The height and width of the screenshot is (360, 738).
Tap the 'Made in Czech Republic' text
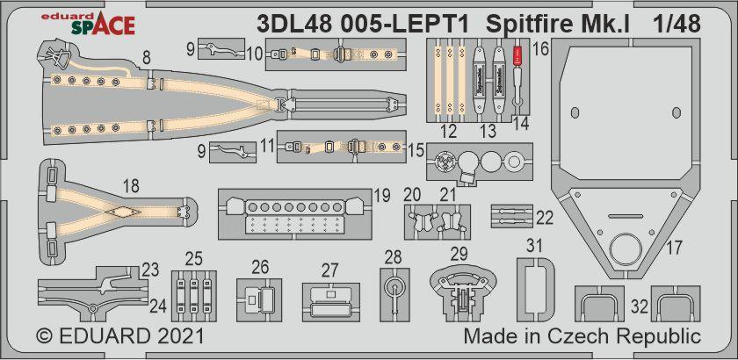click(x=582, y=336)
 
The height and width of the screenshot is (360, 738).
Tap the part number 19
click(x=380, y=195)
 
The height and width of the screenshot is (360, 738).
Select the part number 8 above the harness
click(x=146, y=58)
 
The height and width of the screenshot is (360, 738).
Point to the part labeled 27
click(x=329, y=299)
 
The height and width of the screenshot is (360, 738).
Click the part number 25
click(x=193, y=259)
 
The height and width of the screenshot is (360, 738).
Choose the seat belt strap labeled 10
click(x=337, y=56)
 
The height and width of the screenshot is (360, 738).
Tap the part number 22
click(x=545, y=216)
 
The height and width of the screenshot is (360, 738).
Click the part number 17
click(x=673, y=248)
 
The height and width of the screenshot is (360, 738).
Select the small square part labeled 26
click(x=259, y=299)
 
